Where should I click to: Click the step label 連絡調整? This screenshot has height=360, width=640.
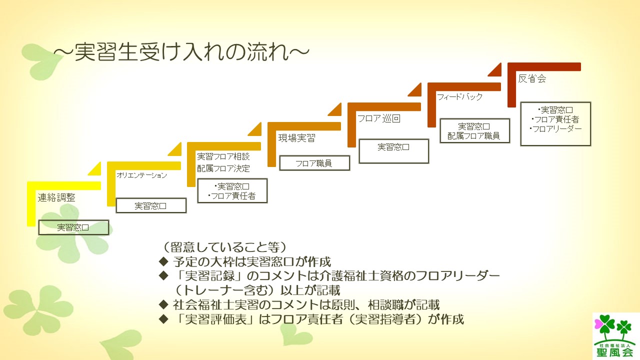coord(56,197)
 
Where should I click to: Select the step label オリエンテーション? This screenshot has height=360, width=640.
coord(141,175)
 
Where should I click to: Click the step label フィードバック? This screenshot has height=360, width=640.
coord(459,97)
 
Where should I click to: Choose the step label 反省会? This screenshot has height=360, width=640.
coord(532,78)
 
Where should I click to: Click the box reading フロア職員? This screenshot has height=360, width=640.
coord(314,163)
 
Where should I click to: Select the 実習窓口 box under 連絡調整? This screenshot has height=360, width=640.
coord(73,227)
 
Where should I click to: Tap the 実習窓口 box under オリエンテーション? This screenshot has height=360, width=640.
coord(151,205)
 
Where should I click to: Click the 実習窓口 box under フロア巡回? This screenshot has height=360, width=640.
coord(393,147)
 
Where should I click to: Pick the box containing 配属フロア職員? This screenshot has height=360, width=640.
coord(474,131)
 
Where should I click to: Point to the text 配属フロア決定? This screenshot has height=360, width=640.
coord(223,168)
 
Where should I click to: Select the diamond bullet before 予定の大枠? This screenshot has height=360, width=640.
coord(163,261)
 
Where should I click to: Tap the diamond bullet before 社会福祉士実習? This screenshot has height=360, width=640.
coord(163,304)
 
